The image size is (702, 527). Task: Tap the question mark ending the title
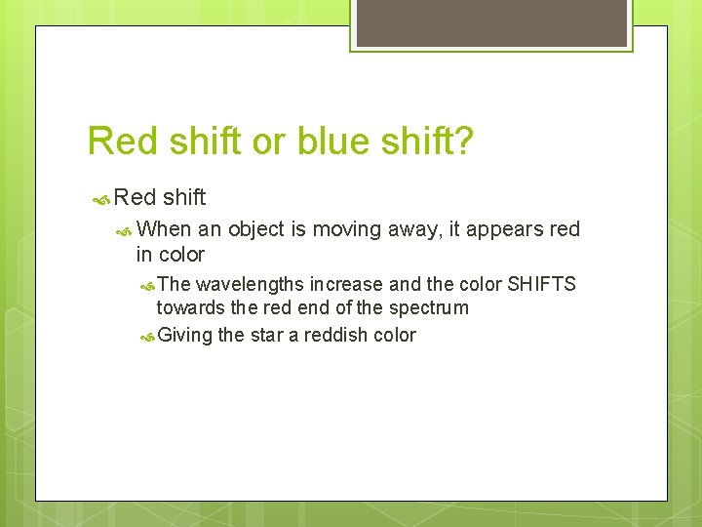point(465,142)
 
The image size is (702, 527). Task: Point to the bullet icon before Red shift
point(100,198)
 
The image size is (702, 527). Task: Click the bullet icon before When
point(125,230)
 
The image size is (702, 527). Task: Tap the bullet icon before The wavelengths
point(146,285)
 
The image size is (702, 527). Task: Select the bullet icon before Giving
point(146,336)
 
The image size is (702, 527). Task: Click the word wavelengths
point(250,284)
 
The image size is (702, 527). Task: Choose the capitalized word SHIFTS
point(542,284)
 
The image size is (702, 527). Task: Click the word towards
point(188,307)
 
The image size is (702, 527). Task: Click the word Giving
point(185,335)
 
